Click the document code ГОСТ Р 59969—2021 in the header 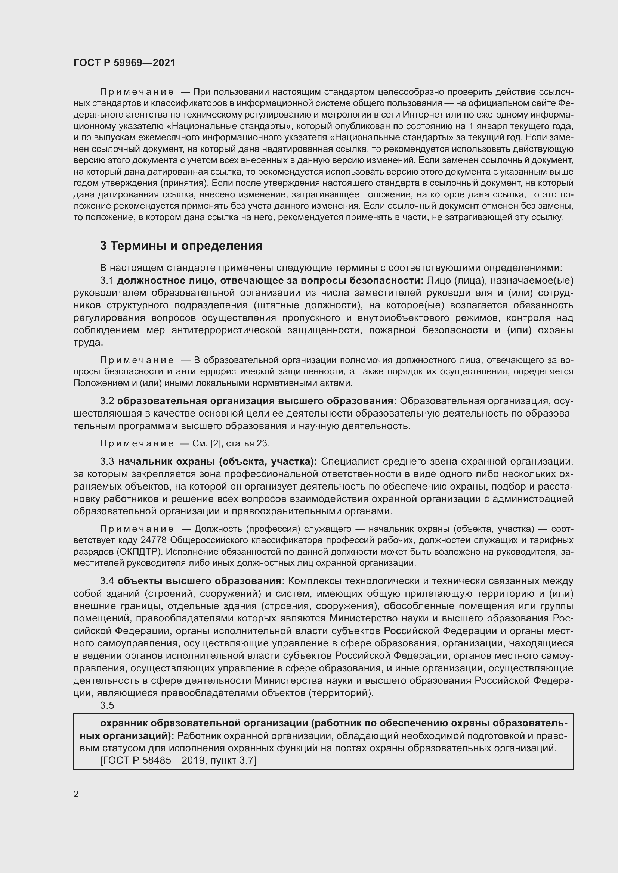pyautogui.click(x=124, y=63)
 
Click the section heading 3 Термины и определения pyautogui.click(x=181, y=246)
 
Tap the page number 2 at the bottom pyautogui.click(x=76, y=794)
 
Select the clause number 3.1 pyautogui.click(x=107, y=281)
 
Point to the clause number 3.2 pyautogui.click(x=107, y=401)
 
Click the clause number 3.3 pyautogui.click(x=107, y=462)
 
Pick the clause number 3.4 pyautogui.click(x=107, y=581)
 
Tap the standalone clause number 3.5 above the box pyautogui.click(x=107, y=705)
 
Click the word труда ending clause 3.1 pyautogui.click(x=88, y=342)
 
